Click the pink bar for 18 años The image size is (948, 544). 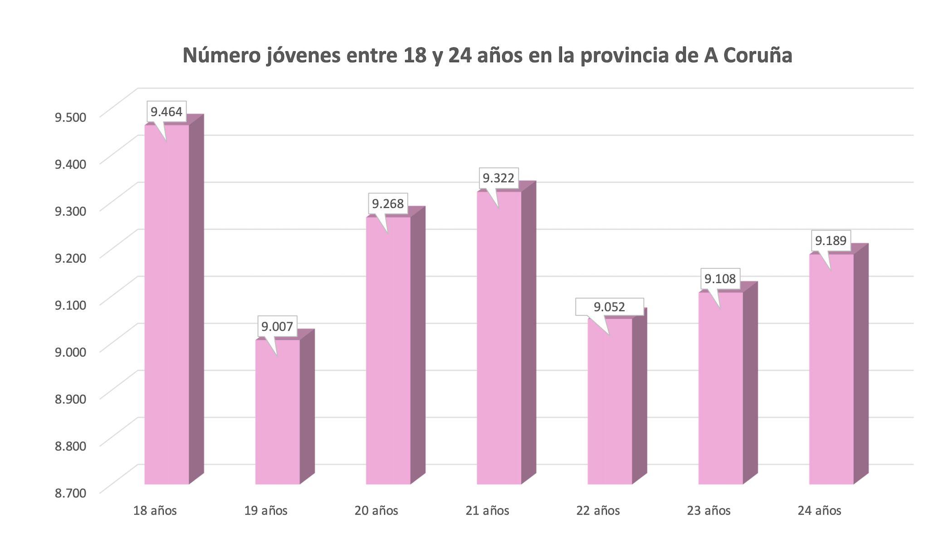click(166, 304)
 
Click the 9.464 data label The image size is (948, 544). click(166, 112)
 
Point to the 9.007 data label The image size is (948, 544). click(277, 326)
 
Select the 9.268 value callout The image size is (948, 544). click(388, 204)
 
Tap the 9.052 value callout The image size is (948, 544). click(609, 307)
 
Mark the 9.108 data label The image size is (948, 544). click(720, 278)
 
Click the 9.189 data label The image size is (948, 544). click(831, 241)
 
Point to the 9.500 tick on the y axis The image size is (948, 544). click(70, 117)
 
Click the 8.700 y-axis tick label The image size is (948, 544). click(70, 493)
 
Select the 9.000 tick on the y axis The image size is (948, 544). click(70, 352)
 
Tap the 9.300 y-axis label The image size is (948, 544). click(70, 211)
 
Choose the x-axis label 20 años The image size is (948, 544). click(376, 511)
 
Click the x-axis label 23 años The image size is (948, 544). click(709, 511)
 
